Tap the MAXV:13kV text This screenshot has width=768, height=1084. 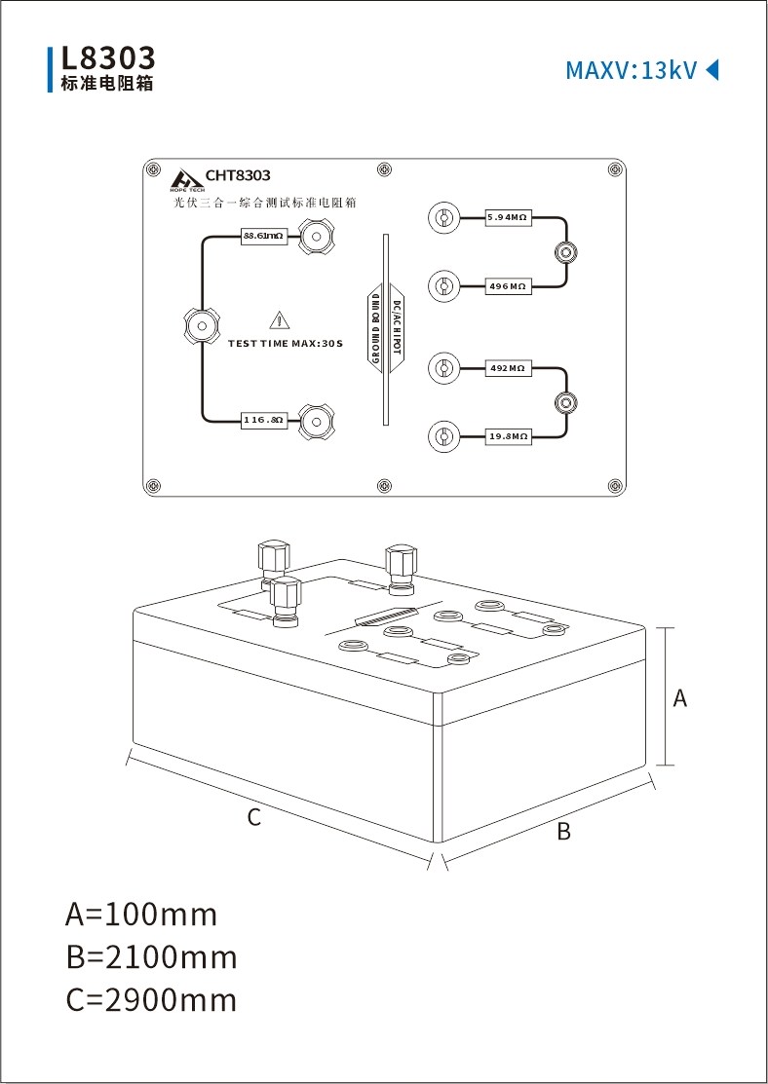(x=631, y=70)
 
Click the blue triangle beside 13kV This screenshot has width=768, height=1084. (x=711, y=70)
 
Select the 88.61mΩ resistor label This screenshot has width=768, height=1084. (x=263, y=236)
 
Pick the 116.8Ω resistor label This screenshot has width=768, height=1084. (x=263, y=420)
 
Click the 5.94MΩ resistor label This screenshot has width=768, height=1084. (x=508, y=217)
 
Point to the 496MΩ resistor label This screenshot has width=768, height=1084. (x=508, y=285)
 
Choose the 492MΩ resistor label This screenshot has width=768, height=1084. (x=508, y=368)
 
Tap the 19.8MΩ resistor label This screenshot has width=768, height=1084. (x=508, y=436)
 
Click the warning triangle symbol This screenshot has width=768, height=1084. (x=279, y=320)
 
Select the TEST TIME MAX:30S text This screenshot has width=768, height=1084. (x=286, y=343)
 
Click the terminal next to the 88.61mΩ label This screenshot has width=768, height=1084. (x=316, y=237)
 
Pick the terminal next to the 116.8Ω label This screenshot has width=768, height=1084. (x=316, y=420)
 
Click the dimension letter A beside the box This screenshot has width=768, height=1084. (x=680, y=698)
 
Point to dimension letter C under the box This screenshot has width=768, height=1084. (x=254, y=817)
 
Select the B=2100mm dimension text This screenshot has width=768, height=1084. (x=151, y=957)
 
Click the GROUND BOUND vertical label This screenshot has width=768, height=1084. (x=375, y=328)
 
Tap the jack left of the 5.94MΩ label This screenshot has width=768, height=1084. (x=442, y=218)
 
